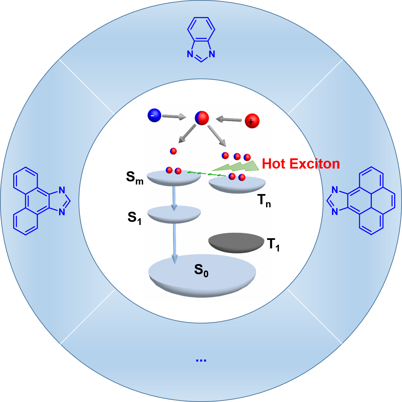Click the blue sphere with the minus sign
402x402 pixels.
(x=154, y=116)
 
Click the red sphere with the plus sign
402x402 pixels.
(x=252, y=121)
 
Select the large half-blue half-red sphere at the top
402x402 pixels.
(x=202, y=118)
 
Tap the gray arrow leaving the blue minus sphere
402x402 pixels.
(x=174, y=117)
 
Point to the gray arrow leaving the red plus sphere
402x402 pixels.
(x=229, y=119)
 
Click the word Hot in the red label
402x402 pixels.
(x=274, y=164)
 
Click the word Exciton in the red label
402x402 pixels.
(x=314, y=164)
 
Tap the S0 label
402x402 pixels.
(x=201, y=270)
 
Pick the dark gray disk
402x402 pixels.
(x=236, y=243)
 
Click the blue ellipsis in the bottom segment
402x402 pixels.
(x=201, y=360)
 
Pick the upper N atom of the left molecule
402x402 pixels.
(x=62, y=190)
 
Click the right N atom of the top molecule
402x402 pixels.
(x=212, y=54)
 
